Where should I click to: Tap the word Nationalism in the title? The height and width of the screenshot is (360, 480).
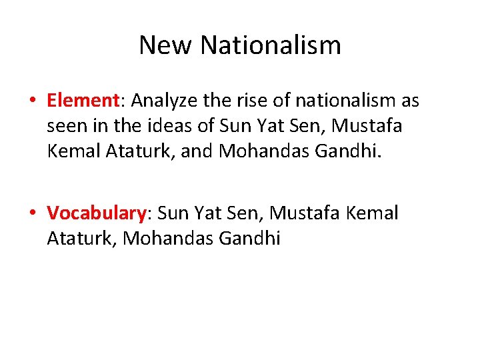(x=270, y=45)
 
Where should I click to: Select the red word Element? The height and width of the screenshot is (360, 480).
(x=83, y=101)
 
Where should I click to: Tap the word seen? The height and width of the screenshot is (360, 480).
(x=65, y=127)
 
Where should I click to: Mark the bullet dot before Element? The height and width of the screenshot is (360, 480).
(x=32, y=101)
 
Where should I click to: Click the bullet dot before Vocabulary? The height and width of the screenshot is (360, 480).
(x=32, y=214)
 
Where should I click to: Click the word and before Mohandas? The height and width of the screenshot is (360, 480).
(x=197, y=152)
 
